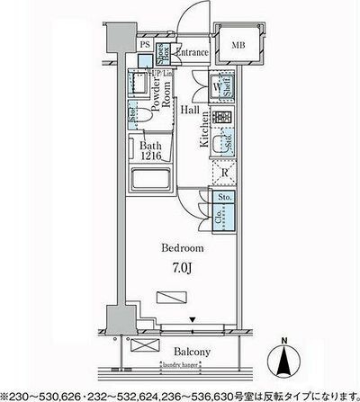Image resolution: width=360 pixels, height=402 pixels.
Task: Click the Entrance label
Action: point(193,53)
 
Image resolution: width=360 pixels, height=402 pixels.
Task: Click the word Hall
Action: point(189,110)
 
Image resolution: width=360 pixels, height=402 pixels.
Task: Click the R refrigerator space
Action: point(225,173)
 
